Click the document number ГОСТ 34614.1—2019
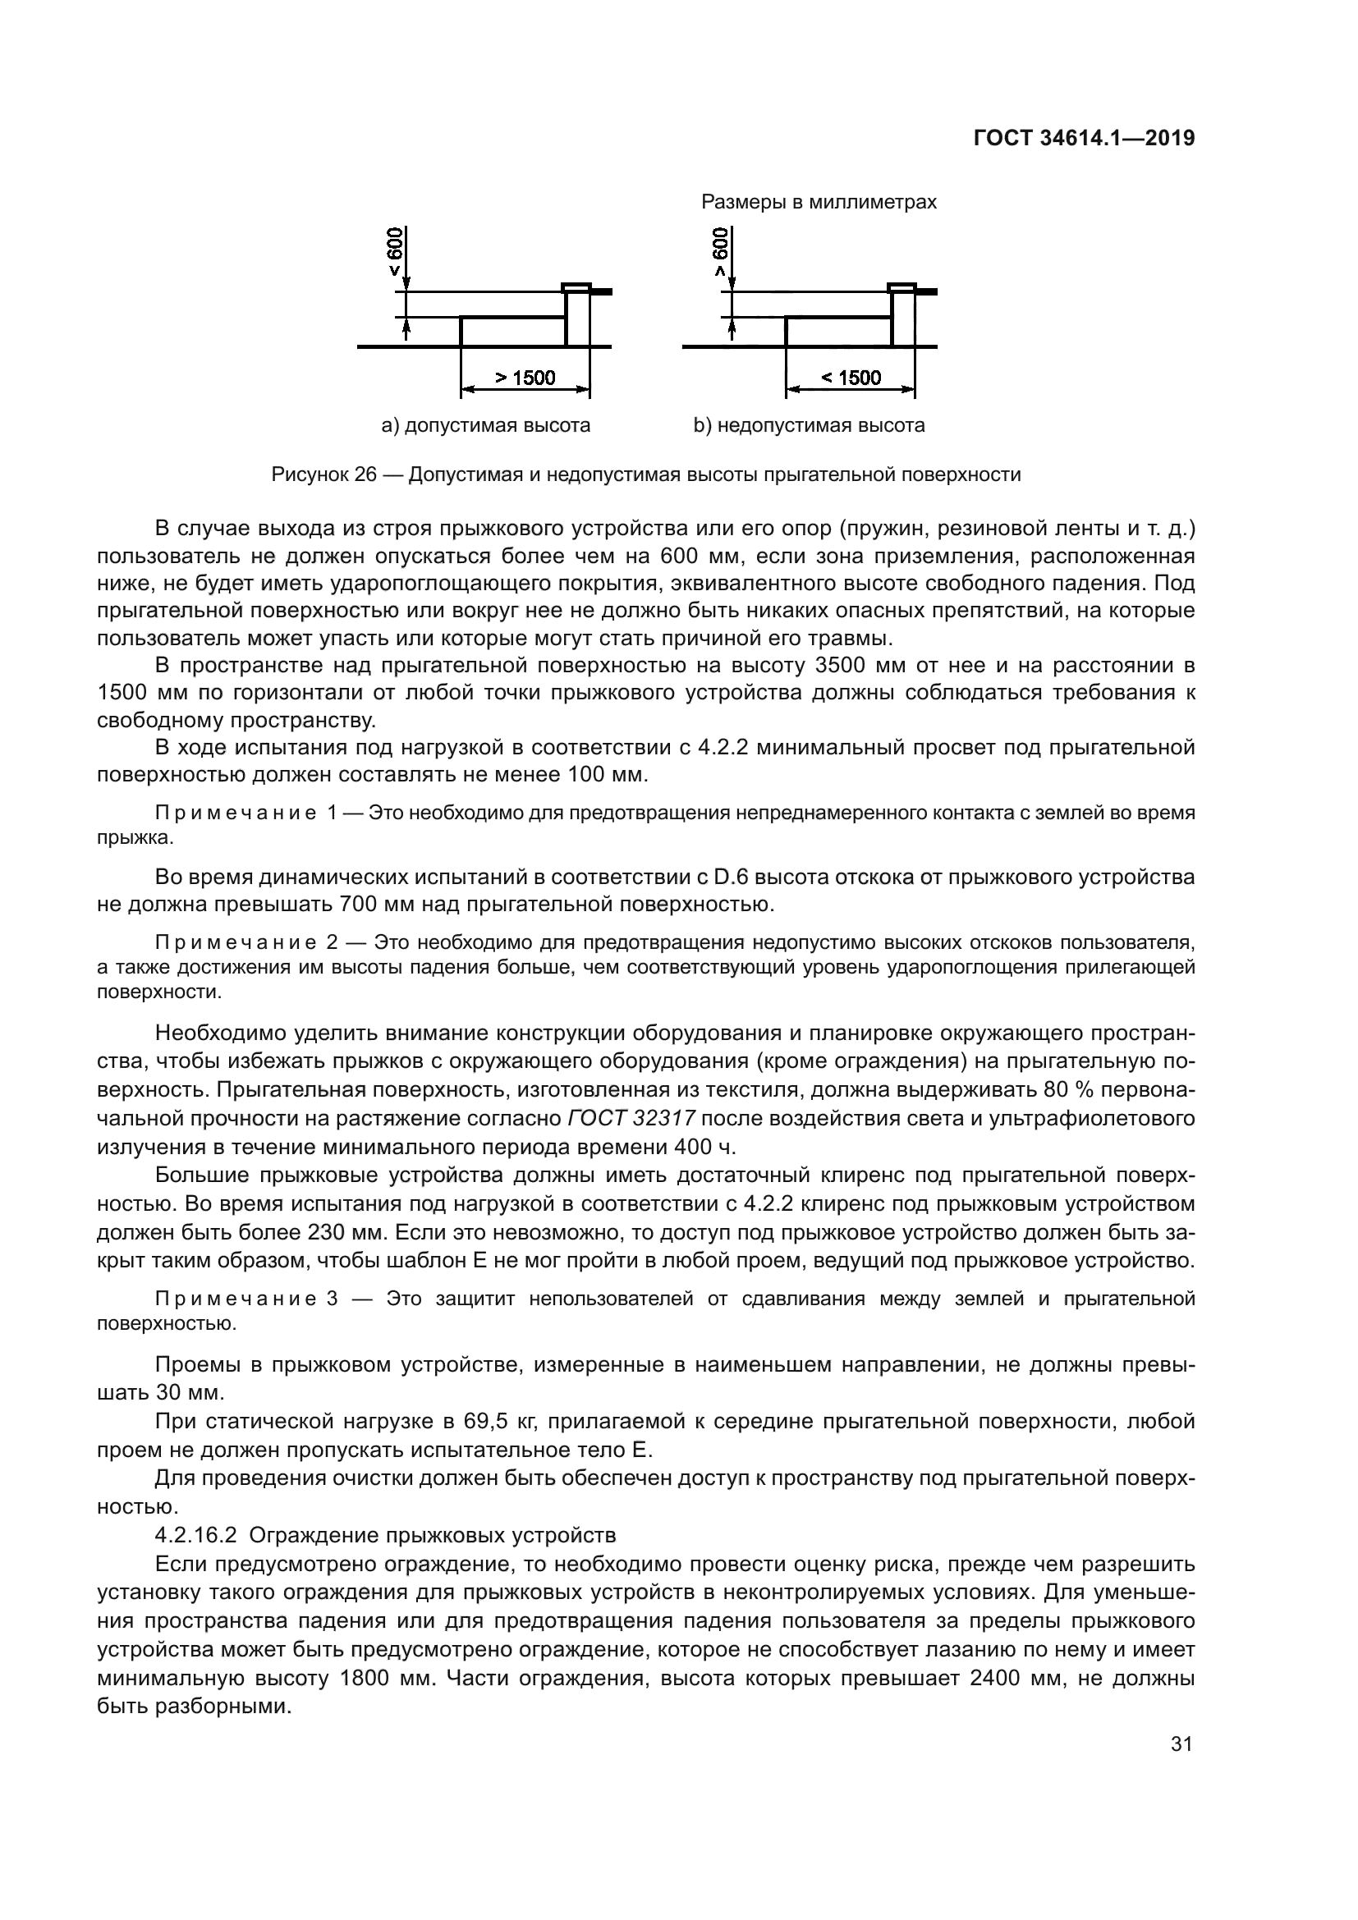click(x=1084, y=139)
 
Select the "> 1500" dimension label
click(x=525, y=378)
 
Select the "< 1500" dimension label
click(x=851, y=378)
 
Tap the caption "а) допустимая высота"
click(x=486, y=426)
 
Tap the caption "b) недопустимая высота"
click(x=809, y=426)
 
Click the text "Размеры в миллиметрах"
click(x=819, y=203)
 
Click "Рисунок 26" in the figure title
click(x=323, y=475)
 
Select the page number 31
click(x=1181, y=1744)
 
